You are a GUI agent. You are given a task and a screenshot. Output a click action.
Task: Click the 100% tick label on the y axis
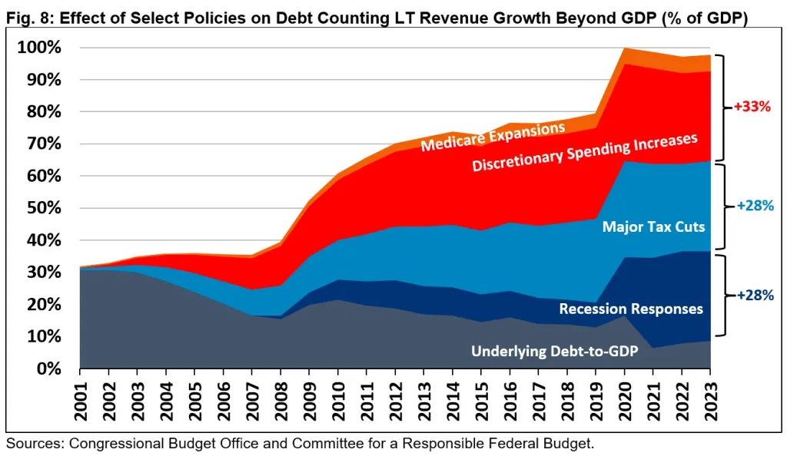point(38,48)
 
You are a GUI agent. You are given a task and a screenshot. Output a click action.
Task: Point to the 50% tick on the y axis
point(42,208)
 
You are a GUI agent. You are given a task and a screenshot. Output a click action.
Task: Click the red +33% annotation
point(752,107)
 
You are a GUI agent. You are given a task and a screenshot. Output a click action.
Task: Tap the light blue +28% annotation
point(753,206)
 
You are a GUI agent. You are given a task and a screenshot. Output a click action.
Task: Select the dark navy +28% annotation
point(753,294)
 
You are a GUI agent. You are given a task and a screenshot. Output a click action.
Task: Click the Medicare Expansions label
point(493,136)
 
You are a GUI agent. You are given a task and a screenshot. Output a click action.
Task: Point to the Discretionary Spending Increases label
point(584,152)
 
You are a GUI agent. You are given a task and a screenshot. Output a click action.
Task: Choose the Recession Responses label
point(631,309)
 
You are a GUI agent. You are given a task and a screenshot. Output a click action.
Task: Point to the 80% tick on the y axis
point(42,112)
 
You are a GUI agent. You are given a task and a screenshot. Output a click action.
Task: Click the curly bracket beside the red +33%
point(722,107)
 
